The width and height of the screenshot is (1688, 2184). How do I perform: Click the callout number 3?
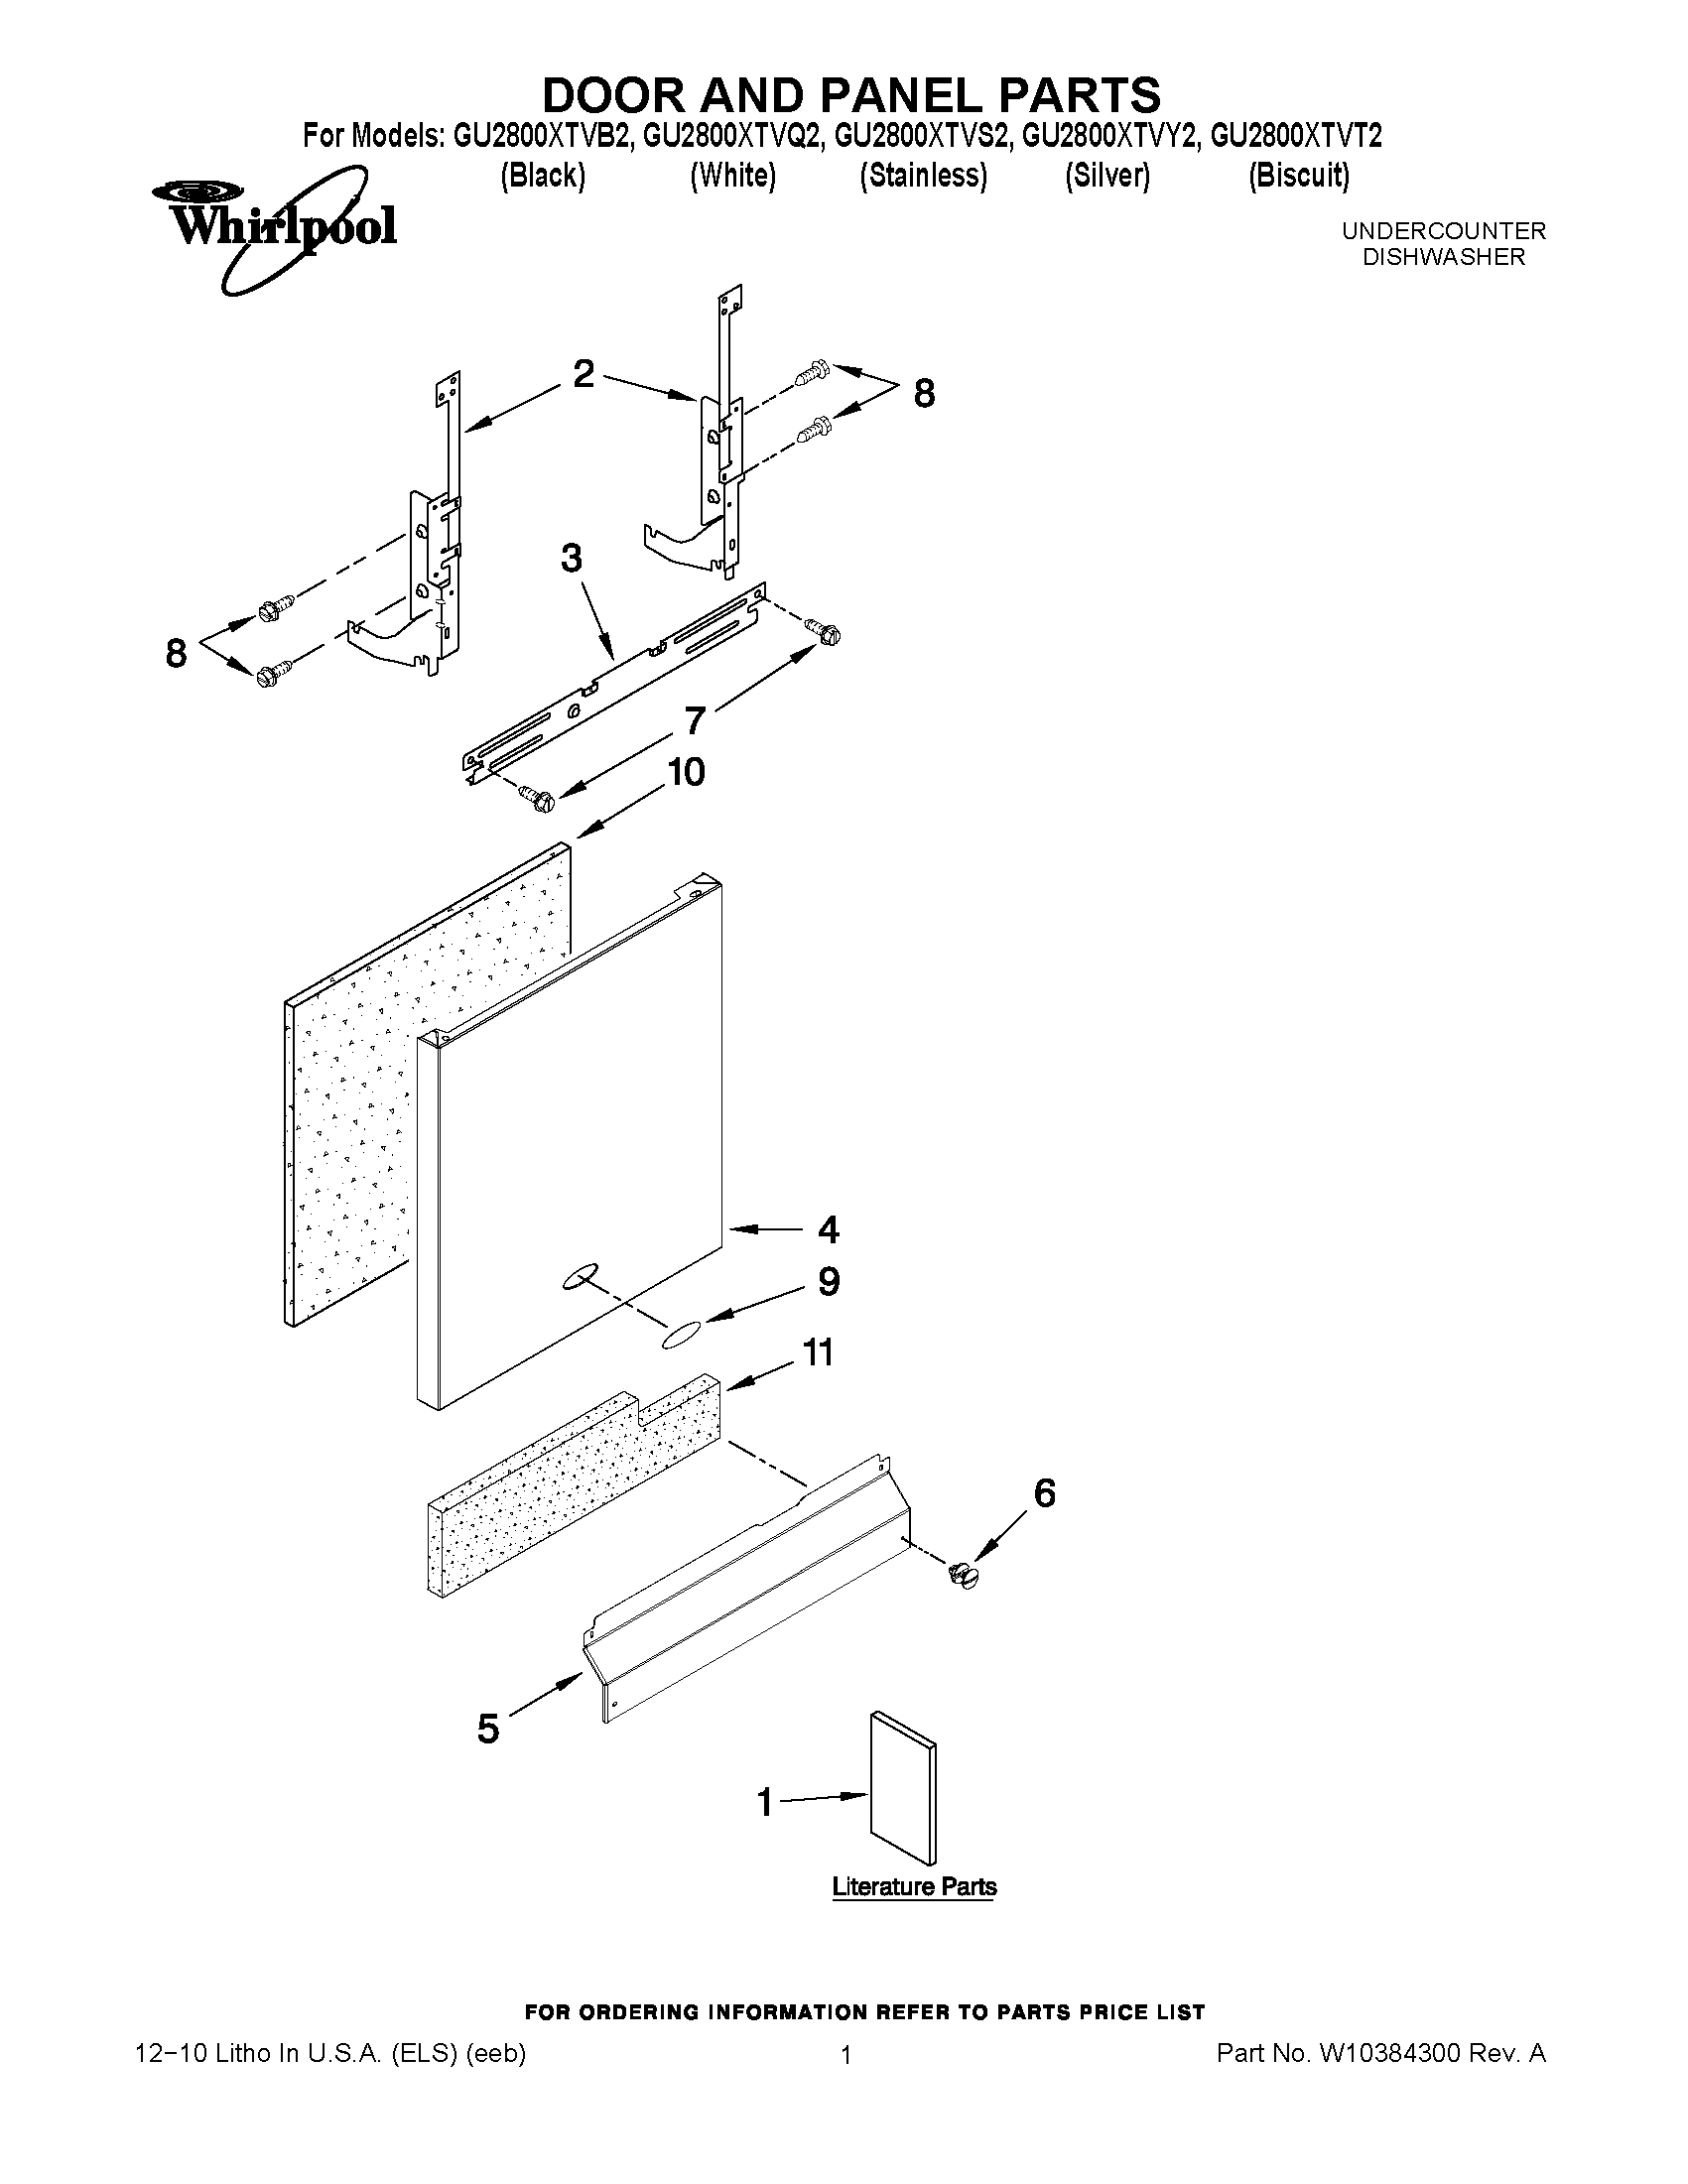[x=571, y=559]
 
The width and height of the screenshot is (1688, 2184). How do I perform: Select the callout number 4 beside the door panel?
[x=828, y=1229]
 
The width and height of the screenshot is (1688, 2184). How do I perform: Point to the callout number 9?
[x=829, y=1281]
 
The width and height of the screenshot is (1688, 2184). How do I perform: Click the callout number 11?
[x=818, y=1353]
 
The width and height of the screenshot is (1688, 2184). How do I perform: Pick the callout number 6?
[x=1043, y=1493]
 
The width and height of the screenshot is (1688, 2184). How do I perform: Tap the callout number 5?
[x=487, y=1728]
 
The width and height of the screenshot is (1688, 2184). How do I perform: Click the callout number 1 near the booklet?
[x=765, y=1802]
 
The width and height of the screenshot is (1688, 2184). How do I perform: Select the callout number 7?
[x=695, y=720]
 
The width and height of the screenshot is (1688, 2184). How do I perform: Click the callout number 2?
[x=584, y=374]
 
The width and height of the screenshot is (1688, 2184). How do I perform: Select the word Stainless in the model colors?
[x=923, y=176]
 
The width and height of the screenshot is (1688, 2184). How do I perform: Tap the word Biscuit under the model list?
[x=1298, y=176]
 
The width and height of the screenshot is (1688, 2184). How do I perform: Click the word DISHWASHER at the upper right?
[x=1443, y=257]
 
